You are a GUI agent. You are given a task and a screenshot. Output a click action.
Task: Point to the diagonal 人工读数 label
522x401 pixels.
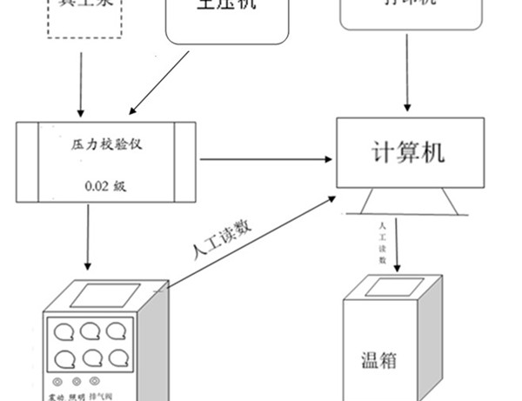[222, 241]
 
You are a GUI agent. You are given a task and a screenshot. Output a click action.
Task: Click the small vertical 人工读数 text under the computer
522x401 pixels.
[381, 241]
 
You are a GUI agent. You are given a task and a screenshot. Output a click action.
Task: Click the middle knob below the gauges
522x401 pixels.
[77, 382]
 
